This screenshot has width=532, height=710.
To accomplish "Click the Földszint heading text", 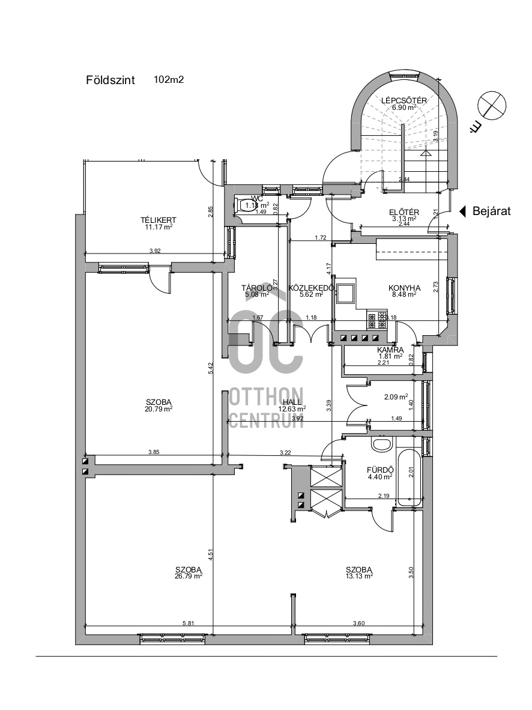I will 110,80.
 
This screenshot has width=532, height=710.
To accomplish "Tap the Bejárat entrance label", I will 491,211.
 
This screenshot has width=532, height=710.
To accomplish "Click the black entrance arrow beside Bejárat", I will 463,211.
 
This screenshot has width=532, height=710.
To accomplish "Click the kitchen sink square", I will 346,294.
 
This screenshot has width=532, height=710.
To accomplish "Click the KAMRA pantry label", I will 390,350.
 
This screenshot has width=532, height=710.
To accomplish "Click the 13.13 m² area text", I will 359,575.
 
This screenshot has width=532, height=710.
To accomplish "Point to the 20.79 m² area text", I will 159,408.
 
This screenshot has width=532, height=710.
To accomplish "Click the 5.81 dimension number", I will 188,624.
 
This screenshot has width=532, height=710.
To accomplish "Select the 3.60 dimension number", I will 359,624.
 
